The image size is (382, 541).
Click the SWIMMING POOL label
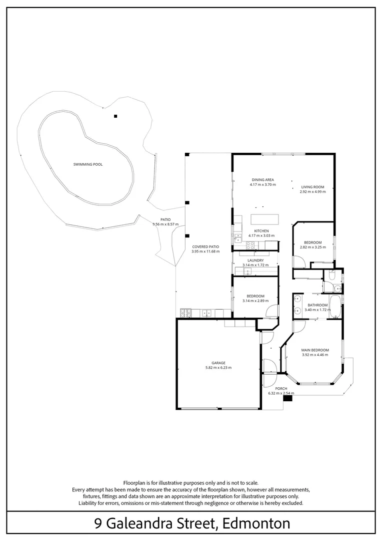tap(88, 164)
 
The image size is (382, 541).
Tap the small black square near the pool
tap(115, 116)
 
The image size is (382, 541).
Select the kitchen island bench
tap(264, 219)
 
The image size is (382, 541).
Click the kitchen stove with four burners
tap(249, 245)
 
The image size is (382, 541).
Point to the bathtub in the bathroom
tap(335, 307)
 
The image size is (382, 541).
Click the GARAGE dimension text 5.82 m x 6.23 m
tap(218, 368)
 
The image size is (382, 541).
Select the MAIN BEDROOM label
tap(315, 350)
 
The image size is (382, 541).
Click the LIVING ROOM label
tap(312, 187)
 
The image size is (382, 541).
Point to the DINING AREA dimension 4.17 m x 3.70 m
tap(262, 184)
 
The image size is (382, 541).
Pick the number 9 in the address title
tap(98, 523)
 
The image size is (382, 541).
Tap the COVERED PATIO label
tap(205, 246)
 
